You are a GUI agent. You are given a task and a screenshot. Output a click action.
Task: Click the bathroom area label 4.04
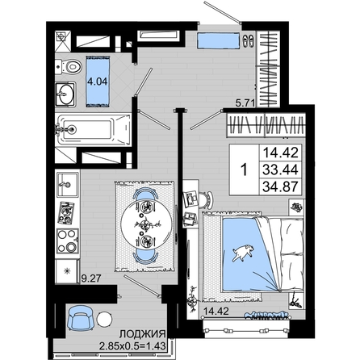click(98, 81)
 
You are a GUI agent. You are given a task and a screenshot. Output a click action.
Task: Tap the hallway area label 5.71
click(245, 103)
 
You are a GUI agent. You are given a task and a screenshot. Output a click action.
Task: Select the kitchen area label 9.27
click(91, 278)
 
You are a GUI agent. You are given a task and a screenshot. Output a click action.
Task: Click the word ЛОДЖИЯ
click(142, 334)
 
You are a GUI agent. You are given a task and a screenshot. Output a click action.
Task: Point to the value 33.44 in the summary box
click(280, 170)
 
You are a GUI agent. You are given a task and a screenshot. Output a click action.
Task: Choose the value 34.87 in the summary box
click(280, 186)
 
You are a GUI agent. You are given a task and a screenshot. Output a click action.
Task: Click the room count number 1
click(244, 170)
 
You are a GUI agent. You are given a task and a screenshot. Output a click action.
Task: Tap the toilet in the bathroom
click(69, 66)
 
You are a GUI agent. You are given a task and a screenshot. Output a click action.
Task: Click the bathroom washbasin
click(65, 94)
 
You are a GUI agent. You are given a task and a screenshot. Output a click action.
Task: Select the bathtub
click(94, 130)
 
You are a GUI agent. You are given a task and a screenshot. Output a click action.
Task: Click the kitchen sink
click(67, 185)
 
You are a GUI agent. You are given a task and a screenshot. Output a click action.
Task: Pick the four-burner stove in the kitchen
click(68, 241)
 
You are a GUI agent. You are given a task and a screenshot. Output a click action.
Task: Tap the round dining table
click(146, 224)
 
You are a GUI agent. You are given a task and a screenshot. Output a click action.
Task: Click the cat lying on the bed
click(243, 253)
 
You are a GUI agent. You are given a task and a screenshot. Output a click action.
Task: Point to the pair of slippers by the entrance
click(248, 41)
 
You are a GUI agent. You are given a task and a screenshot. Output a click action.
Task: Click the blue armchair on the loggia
click(81, 318)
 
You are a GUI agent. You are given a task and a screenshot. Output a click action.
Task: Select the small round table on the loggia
click(104, 319)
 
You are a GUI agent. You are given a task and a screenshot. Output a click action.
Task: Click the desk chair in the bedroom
click(207, 200)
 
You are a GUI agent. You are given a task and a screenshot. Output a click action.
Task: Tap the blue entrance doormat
click(218, 40)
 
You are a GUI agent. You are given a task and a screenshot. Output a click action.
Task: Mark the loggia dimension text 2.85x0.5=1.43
click(132, 345)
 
